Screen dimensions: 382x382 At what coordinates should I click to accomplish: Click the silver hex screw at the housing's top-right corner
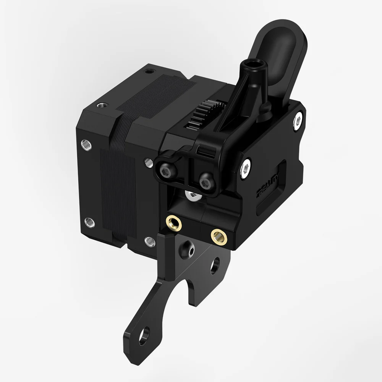click(x=298, y=121)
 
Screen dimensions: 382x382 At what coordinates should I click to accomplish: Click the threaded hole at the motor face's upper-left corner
click(x=87, y=144)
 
